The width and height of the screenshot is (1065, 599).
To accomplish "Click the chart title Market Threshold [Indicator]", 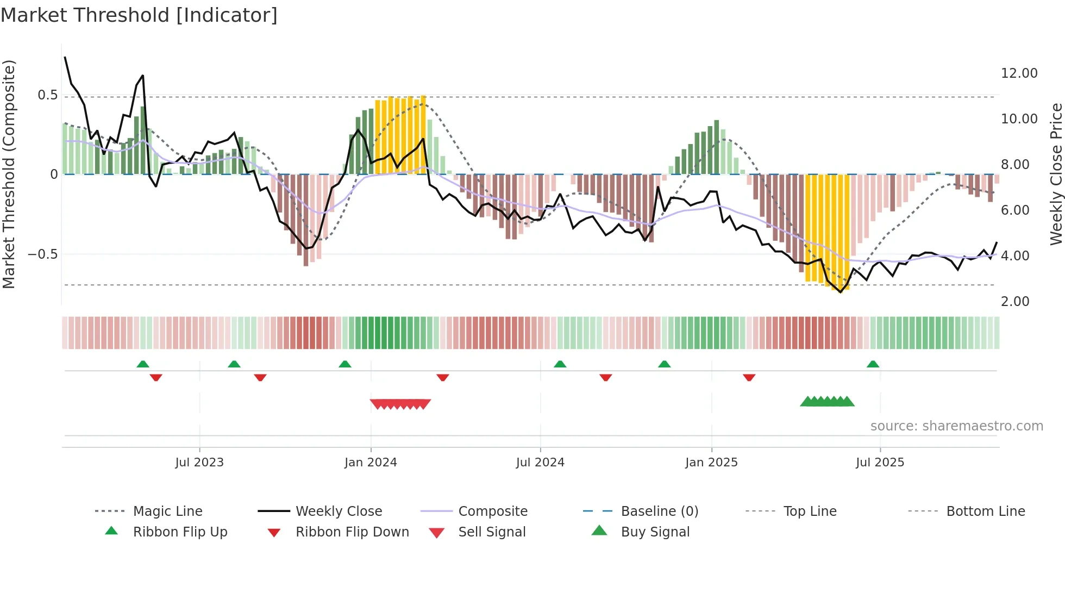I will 139,15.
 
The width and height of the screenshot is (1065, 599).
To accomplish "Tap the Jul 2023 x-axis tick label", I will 199,463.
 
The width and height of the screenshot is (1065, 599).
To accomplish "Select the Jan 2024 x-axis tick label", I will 371,463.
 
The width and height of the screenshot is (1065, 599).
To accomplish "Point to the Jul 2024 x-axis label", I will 540,463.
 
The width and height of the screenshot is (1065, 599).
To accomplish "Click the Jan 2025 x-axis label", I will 711,463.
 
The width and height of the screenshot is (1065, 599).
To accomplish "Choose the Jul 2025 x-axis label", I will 880,463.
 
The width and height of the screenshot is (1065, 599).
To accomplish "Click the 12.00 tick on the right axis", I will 1019,73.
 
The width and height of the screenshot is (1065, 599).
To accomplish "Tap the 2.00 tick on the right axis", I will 1015,302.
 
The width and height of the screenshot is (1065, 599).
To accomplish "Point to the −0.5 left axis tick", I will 42,254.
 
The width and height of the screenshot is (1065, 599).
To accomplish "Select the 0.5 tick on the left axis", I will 47,95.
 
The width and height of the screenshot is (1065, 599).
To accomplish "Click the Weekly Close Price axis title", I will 1056,174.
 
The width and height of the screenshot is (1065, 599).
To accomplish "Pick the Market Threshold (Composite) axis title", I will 9,174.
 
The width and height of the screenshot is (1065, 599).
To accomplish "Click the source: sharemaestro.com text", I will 956,426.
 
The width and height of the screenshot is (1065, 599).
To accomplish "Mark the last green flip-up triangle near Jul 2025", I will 873,364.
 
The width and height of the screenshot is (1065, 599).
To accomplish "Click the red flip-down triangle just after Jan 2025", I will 749,377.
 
